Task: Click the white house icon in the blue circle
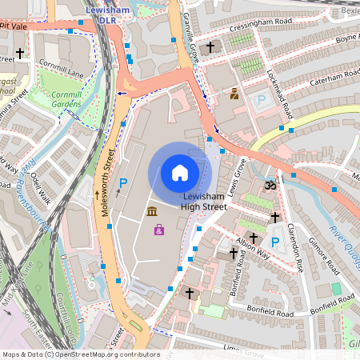[180, 173]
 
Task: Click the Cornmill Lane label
[65, 74]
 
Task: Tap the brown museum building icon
[151, 211]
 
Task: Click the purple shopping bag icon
[159, 230]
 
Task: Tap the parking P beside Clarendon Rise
[275, 242]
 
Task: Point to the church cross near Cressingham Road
[210, 48]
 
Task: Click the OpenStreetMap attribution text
[80, 354]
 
